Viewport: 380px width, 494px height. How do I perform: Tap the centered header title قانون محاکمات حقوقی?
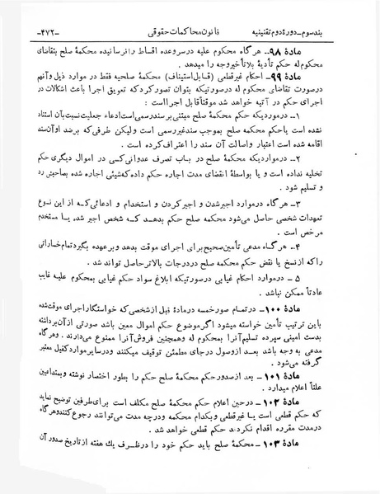189,12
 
